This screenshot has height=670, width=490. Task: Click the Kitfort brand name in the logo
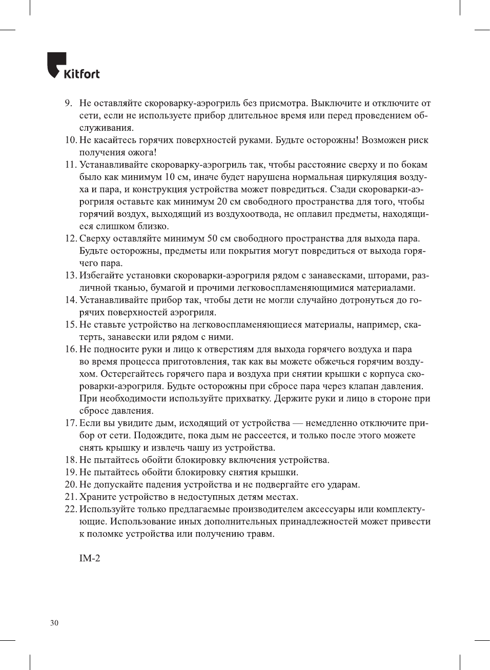81,74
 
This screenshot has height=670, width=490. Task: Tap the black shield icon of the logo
56,64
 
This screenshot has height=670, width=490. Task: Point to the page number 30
54,623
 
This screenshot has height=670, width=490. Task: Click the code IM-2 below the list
90,558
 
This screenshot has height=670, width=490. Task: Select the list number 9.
69,103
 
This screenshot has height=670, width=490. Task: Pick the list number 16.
71,349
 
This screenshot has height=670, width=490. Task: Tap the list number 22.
71,509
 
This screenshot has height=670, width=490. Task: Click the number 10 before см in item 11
169,177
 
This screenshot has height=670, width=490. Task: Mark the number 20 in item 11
222,201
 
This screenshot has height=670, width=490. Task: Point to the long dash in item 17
298,423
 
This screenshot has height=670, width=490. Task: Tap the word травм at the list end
260,534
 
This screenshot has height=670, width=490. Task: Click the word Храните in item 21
97,497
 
